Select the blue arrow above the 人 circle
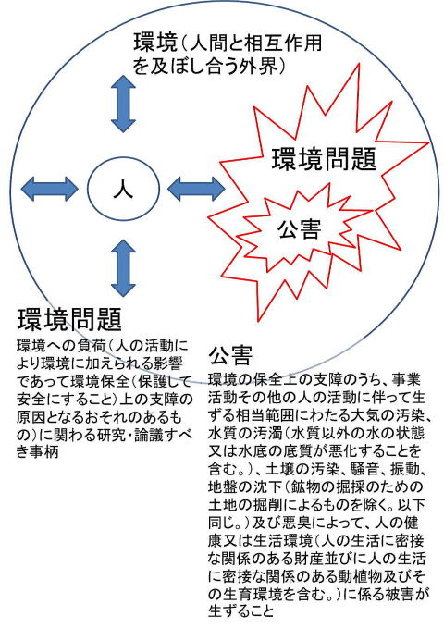[123, 104]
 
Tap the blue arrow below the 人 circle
[123, 268]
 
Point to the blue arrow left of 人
[49, 189]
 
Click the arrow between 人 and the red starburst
[196, 189]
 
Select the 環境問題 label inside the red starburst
[324, 159]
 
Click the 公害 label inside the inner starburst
[300, 229]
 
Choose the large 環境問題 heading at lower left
[69, 319]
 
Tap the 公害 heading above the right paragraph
[230, 354]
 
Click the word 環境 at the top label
[155, 43]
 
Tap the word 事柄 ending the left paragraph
[44, 451]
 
